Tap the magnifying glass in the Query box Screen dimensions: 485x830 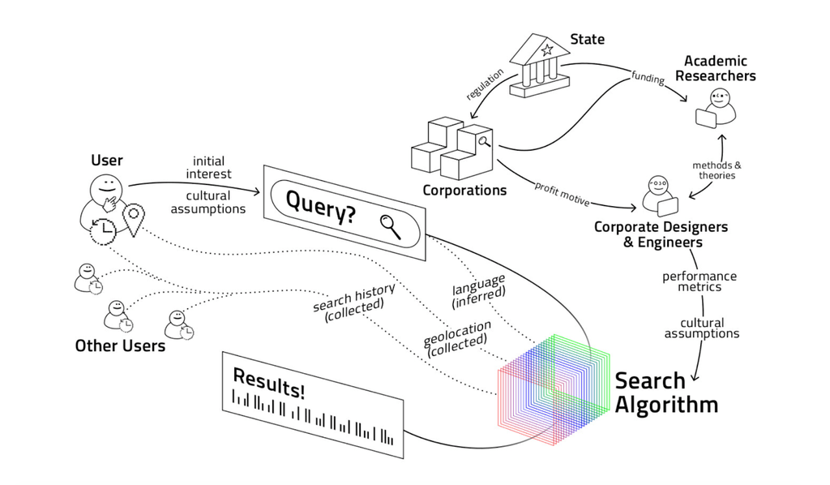click(x=390, y=225)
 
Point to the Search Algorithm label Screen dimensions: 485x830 click(x=665, y=393)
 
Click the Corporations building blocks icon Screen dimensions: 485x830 click(x=453, y=148)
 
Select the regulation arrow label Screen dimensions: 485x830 click(x=485, y=84)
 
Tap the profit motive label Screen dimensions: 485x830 click(x=562, y=192)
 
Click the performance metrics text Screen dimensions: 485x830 click(x=700, y=281)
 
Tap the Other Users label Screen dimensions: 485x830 click(x=120, y=346)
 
